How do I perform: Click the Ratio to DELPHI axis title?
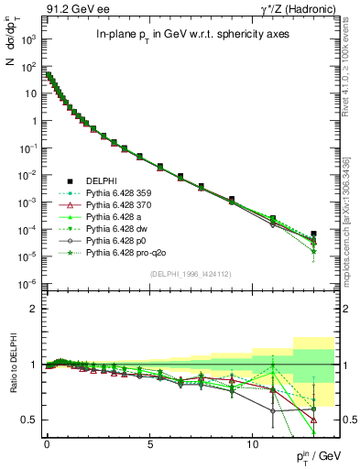click(13, 365)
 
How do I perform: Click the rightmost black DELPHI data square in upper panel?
click(314, 234)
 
